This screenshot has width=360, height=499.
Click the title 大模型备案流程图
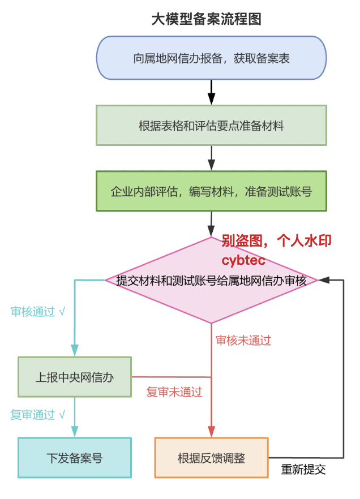pos(207,19)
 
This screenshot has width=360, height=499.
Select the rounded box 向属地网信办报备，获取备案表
pos(211,58)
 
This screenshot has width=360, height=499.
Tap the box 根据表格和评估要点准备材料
pos(211,126)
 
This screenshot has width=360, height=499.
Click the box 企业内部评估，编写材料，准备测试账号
pos(211,192)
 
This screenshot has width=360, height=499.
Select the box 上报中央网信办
pos(75,377)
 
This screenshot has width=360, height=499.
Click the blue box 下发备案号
pos(75,458)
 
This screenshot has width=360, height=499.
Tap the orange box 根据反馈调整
pos(211,458)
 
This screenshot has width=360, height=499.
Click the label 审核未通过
pos(243,341)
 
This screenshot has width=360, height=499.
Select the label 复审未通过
pos(174,392)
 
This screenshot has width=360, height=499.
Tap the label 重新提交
pos(304,470)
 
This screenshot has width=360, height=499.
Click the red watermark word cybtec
pos(243,261)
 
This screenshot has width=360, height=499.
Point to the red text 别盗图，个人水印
pos(276,241)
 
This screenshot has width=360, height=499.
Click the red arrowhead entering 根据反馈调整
pos(211,432)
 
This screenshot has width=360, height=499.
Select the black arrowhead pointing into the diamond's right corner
pos(323,279)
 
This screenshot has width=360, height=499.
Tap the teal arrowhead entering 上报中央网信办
pos(75,351)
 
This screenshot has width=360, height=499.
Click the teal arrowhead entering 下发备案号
pos(75,432)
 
